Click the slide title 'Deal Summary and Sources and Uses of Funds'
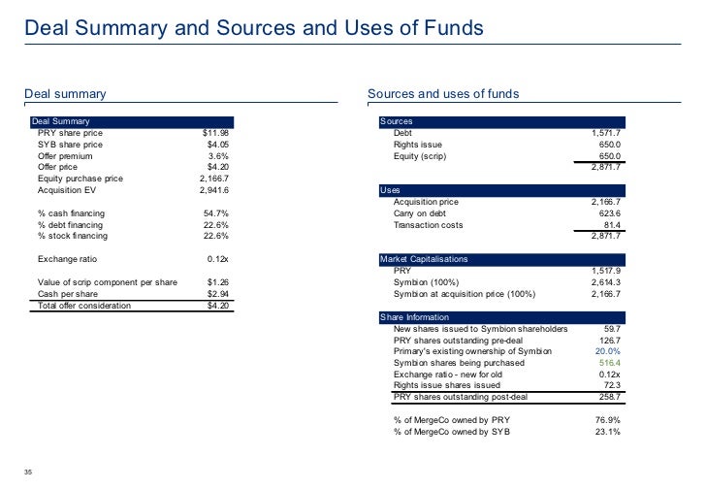[253, 30]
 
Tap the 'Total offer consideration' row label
[84, 306]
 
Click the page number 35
[30, 473]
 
